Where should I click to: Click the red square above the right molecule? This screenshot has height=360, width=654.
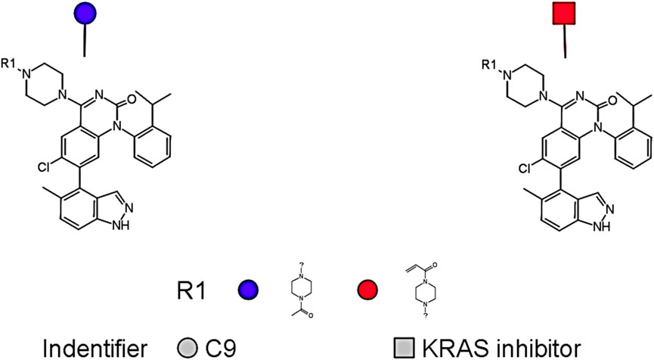(565, 15)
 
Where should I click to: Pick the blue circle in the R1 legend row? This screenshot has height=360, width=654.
(249, 289)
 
